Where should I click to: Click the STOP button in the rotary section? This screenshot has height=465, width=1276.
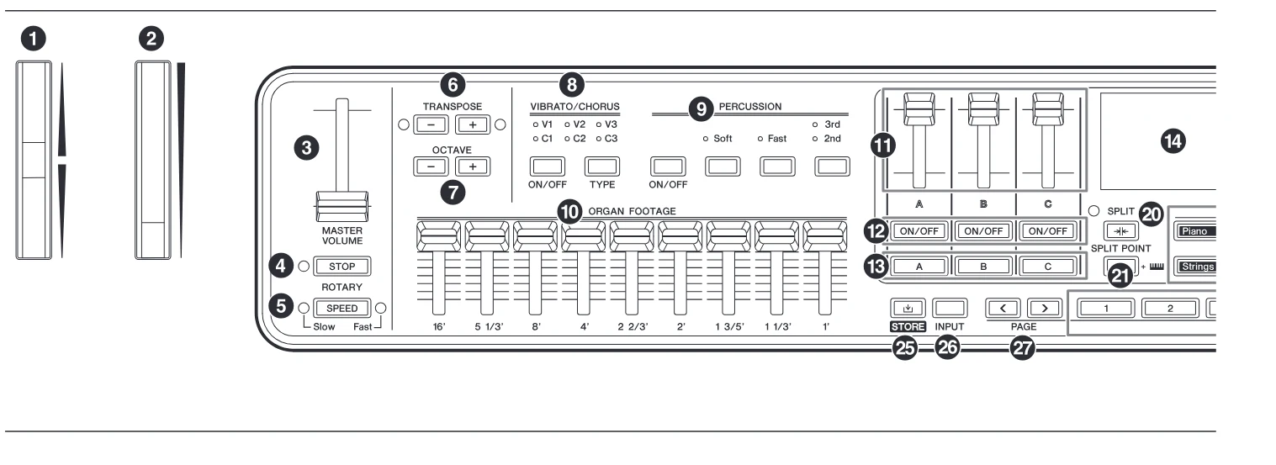[342, 267]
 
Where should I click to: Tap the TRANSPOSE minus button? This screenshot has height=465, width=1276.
[431, 124]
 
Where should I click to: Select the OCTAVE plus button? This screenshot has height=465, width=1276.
[472, 166]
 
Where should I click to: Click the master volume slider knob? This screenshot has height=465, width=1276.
[342, 206]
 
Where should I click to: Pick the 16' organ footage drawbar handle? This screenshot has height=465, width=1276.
[438, 236]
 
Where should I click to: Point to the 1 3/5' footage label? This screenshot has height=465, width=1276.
[730, 327]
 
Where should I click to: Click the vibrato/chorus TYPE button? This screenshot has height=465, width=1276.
[602, 166]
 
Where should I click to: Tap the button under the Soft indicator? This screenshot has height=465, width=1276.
[723, 166]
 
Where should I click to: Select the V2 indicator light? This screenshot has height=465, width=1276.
[568, 124]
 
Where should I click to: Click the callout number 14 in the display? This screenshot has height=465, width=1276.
[1173, 141]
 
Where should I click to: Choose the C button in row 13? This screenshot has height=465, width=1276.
[1047, 267]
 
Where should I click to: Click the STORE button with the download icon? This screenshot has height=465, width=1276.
[908, 309]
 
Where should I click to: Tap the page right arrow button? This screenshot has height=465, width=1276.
[1045, 309]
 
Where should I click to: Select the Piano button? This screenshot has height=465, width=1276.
[1195, 231]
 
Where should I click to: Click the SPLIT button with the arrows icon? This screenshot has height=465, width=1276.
[1120, 231]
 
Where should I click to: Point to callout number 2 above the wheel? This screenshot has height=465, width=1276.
[151, 39]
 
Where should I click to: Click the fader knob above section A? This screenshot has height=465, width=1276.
[919, 108]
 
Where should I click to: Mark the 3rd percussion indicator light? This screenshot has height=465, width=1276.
[815, 124]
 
